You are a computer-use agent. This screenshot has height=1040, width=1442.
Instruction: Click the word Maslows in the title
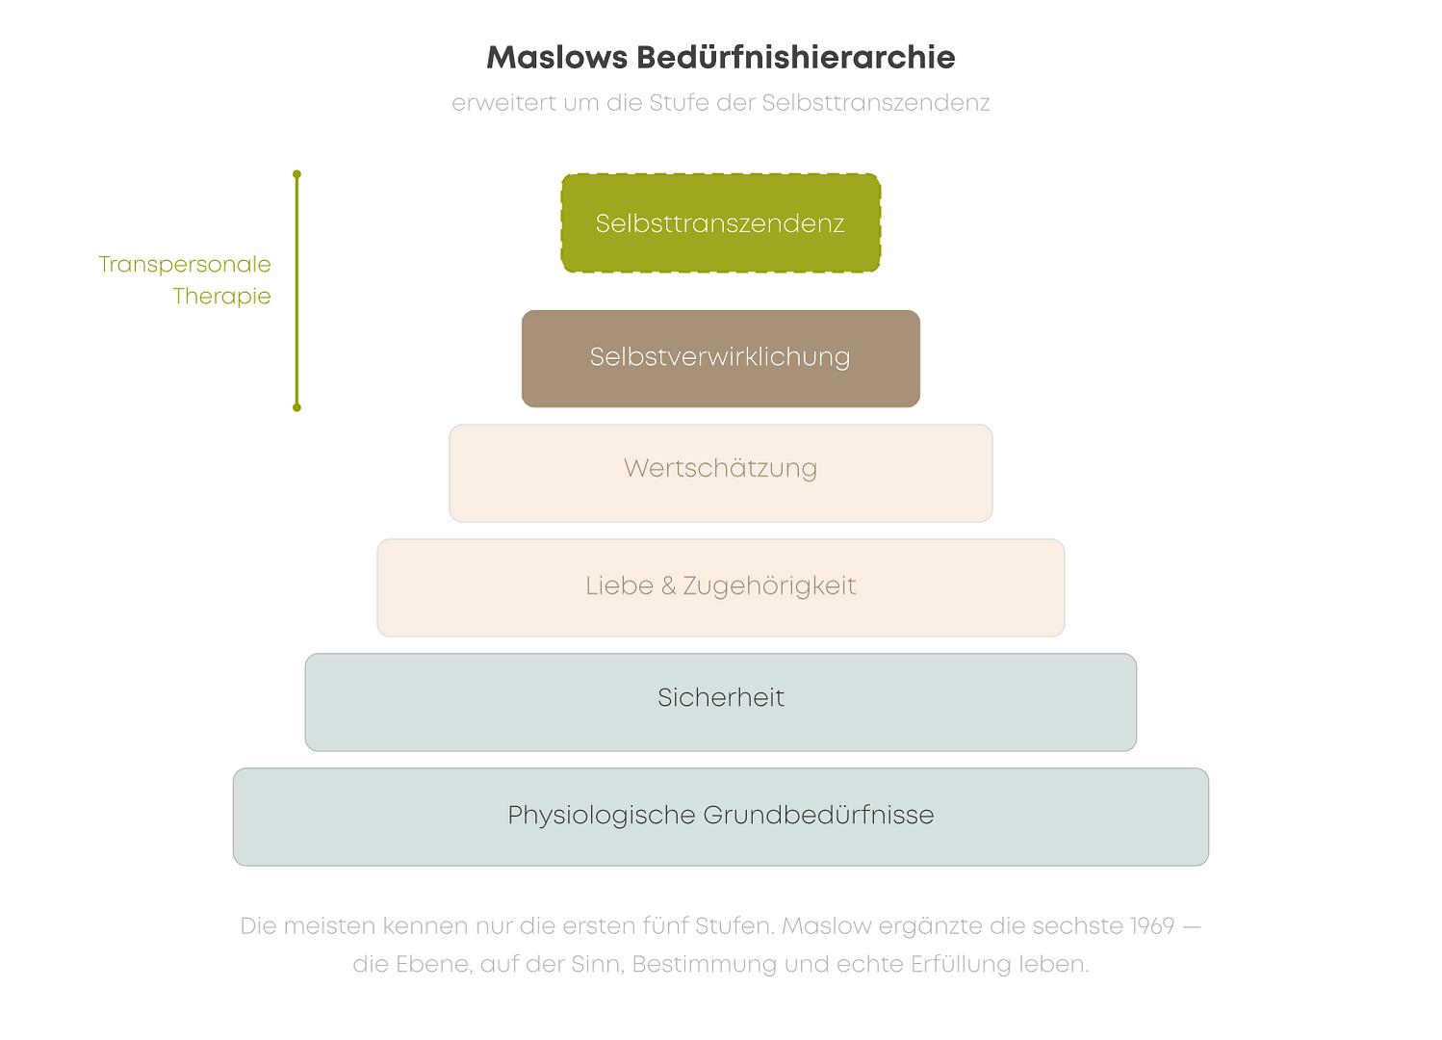pyautogui.click(x=556, y=58)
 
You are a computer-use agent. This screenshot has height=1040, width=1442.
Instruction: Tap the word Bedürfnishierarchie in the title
pyautogui.click(x=795, y=58)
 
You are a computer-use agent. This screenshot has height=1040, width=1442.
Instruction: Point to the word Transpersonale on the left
pyautogui.click(x=185, y=265)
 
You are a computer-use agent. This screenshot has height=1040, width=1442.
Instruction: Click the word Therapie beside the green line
pyautogui.click(x=221, y=297)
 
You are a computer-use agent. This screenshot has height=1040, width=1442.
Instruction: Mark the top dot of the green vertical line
pyautogui.click(x=296, y=174)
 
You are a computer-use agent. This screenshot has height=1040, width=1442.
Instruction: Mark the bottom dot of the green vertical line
pyautogui.click(x=296, y=407)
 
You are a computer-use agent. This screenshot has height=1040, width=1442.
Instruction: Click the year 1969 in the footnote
pyautogui.click(x=1151, y=926)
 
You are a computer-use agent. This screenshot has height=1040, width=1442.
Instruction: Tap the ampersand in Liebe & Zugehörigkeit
pyautogui.click(x=668, y=586)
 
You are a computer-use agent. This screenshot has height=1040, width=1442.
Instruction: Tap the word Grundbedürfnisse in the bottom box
pyautogui.click(x=818, y=816)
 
